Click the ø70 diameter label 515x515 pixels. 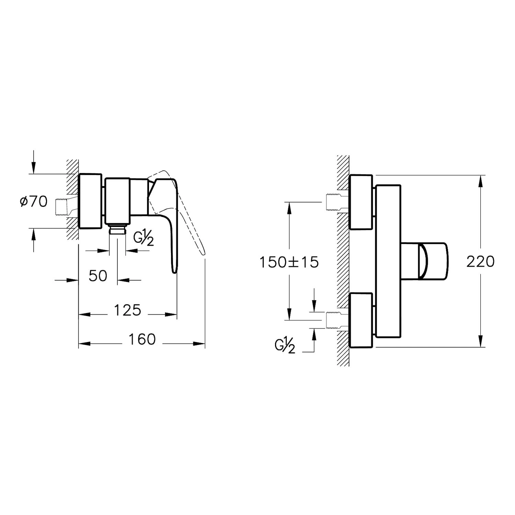tap(33, 202)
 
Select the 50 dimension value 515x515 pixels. tap(98, 276)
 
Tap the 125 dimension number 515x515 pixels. tap(127, 310)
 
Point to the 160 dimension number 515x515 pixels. tap(142, 339)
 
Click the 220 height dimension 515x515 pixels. tap(480, 262)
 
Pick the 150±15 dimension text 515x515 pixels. tap(289, 262)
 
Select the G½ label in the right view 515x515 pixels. tap(285, 345)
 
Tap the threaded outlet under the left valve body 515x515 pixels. tap(117, 229)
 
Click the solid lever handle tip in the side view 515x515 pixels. tap(174, 268)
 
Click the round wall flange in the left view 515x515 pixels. tap(91, 201)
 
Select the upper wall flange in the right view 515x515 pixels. tap(360, 202)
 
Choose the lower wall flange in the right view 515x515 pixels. tap(360, 320)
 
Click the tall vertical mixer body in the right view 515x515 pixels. tap(388, 261)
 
